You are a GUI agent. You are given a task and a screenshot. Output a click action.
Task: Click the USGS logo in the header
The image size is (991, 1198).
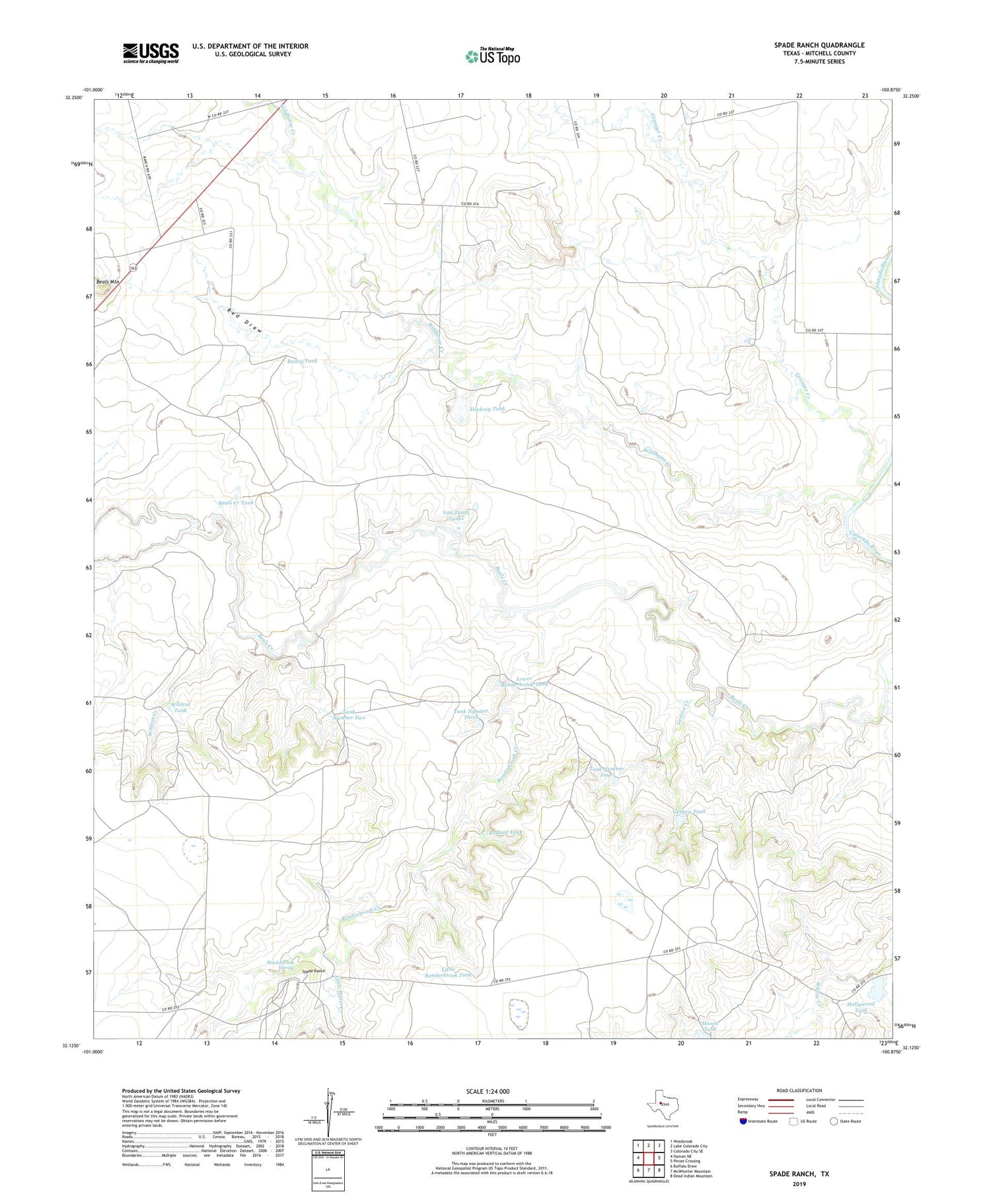click(x=151, y=53)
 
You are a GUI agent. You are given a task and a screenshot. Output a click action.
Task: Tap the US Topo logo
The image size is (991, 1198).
click(x=493, y=56)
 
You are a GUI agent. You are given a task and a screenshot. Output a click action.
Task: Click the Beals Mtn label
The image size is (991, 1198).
click(x=108, y=282)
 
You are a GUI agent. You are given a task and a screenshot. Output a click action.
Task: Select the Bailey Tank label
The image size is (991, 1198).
click(x=302, y=361)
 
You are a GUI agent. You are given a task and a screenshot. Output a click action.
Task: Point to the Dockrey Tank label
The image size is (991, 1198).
click(x=487, y=409)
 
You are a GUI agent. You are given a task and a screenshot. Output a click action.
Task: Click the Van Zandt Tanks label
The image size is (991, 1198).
click(x=457, y=515)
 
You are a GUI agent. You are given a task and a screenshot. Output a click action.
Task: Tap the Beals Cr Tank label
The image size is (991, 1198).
click(x=236, y=503)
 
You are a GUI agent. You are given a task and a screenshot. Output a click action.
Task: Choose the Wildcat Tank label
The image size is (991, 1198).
click(x=180, y=707)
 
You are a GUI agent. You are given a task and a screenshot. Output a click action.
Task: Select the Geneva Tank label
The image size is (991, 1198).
click(x=688, y=811)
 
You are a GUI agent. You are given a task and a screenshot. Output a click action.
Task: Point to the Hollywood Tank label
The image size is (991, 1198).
click(x=860, y=1007)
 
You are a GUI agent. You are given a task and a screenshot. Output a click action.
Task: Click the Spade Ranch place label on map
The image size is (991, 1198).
click(x=313, y=971)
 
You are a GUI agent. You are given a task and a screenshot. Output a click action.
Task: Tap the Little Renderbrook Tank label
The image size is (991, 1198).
click(x=449, y=972)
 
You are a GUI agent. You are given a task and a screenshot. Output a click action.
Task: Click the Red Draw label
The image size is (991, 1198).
click(x=245, y=320)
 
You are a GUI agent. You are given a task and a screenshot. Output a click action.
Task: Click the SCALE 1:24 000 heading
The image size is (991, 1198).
click(x=488, y=1091)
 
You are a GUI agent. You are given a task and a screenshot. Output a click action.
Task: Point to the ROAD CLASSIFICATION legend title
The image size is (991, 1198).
click(x=799, y=1090)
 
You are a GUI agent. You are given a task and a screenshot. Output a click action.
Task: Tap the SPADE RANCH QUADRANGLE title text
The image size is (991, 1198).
click(x=819, y=45)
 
